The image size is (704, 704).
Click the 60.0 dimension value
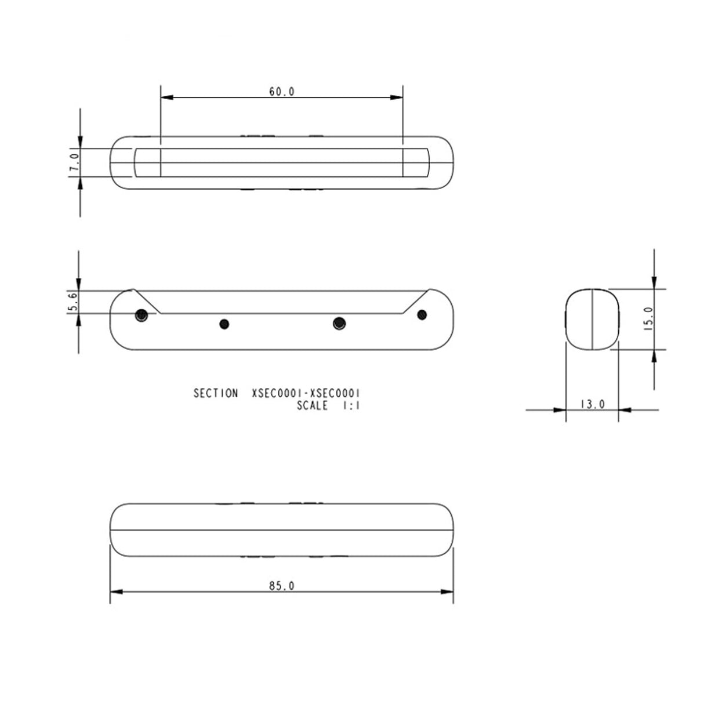click(x=282, y=92)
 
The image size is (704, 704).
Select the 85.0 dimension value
click(x=282, y=586)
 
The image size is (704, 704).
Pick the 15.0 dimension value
click(x=648, y=318)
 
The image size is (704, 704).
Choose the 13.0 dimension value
click(x=592, y=404)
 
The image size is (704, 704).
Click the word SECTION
click(x=215, y=393)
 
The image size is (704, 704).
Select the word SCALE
click(x=312, y=405)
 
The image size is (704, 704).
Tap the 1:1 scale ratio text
click(x=351, y=405)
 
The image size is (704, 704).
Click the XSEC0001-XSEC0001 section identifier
click(x=306, y=393)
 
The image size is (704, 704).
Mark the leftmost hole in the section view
click(x=141, y=315)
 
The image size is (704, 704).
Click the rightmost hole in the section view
click(x=422, y=314)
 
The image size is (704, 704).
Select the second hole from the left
click(x=224, y=324)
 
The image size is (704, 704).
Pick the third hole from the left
click(x=339, y=323)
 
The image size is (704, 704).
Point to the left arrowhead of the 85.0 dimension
click(x=117, y=591)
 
